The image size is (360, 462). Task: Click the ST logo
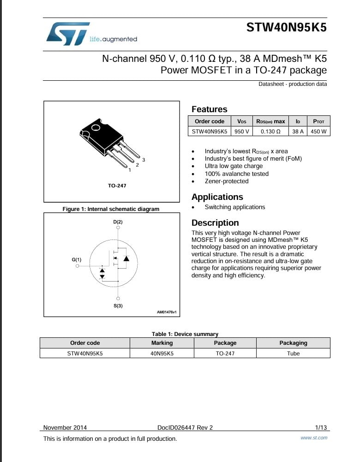point(68,34)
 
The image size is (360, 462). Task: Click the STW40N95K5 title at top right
point(286,27)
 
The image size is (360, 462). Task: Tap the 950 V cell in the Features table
point(241,131)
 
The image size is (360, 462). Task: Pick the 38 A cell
point(298,131)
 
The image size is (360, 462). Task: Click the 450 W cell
point(318,131)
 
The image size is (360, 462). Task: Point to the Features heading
point(209,109)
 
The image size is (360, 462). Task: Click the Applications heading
point(217,197)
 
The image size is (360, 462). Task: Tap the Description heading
point(215,223)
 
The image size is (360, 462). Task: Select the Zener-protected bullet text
point(226,181)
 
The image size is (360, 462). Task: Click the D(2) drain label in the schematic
point(118,222)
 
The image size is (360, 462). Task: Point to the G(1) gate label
point(76,260)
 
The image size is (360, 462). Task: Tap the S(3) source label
point(118,306)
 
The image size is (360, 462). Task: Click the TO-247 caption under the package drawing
point(117,186)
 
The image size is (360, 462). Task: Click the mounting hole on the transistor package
point(96,127)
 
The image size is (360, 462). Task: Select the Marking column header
point(162,343)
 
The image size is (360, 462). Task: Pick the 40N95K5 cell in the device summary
point(162,354)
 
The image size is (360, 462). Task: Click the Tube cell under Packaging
point(293,354)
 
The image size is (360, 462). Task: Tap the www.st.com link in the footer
point(314,438)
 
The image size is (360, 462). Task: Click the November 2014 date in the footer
point(65,428)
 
